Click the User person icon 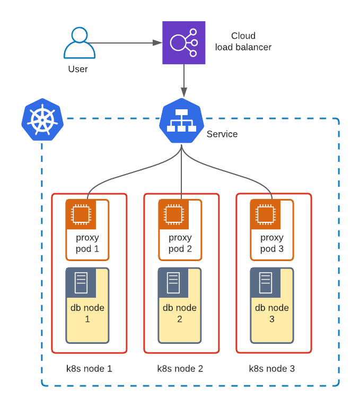point(80,43)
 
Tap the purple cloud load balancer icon point(183,42)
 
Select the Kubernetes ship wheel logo point(42,119)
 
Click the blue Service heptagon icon point(181,120)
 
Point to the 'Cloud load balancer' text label point(243,42)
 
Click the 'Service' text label point(222,134)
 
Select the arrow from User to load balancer point(125,42)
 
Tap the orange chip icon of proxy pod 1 point(81,214)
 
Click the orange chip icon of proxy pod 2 point(173,214)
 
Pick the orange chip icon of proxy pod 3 point(265,214)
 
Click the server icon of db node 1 point(81,283)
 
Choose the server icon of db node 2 point(173,283)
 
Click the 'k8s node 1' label point(89,368)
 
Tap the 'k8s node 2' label point(180,368)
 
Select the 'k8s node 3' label point(272,368)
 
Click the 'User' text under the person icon point(78,69)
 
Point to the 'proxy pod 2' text point(180,243)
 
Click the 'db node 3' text point(272,313)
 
